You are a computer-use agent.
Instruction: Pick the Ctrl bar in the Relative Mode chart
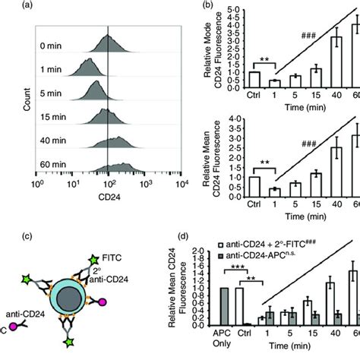(x=255, y=81)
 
